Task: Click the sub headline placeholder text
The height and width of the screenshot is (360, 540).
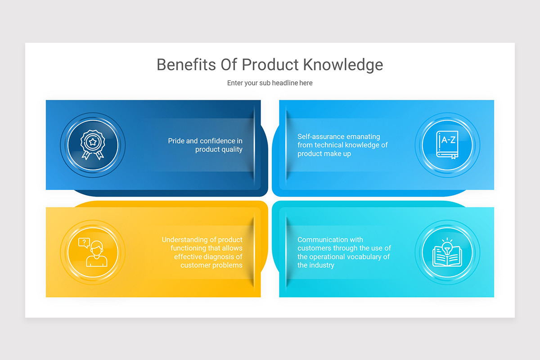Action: pos(270,83)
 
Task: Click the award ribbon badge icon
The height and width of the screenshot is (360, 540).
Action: pos(92,145)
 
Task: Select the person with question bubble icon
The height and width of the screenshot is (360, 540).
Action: pos(92,252)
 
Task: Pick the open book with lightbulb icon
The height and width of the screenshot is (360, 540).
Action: pos(447,252)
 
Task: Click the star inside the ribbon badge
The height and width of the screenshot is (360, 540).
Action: pos(92,142)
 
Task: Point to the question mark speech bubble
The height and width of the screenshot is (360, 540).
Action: pos(84,243)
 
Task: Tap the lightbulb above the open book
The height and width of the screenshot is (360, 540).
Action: pos(447,246)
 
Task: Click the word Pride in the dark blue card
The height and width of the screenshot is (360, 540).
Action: pos(176,141)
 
